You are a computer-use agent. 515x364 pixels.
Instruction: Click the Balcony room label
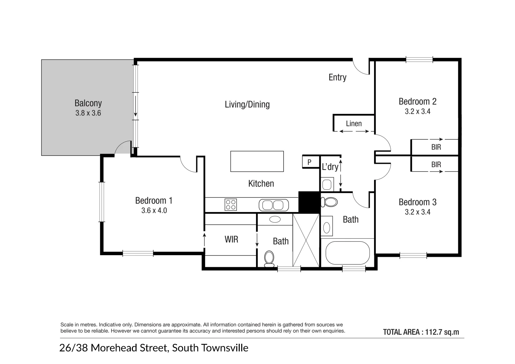88,103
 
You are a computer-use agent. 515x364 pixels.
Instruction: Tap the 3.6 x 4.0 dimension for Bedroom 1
154,211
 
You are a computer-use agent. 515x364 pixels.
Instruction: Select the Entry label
337,78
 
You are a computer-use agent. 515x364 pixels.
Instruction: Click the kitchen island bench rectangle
257,161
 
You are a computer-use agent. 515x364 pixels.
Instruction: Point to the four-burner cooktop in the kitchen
231,205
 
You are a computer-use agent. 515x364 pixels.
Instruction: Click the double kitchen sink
274,205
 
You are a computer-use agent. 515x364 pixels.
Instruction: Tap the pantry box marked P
309,162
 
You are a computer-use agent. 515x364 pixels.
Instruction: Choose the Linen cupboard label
354,124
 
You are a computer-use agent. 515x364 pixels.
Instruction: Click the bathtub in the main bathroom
347,253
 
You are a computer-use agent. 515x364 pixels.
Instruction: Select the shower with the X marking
306,240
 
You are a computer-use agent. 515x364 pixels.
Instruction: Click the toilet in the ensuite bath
269,259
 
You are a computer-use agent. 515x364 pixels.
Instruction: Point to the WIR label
231,240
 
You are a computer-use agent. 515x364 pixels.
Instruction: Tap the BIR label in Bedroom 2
436,147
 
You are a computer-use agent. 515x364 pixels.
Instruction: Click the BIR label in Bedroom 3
436,165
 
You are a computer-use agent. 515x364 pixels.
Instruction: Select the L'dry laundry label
330,167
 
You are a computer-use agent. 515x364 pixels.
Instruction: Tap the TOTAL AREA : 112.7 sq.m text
421,332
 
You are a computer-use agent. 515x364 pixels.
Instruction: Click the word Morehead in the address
129,348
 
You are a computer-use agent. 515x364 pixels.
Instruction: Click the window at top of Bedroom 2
419,60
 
